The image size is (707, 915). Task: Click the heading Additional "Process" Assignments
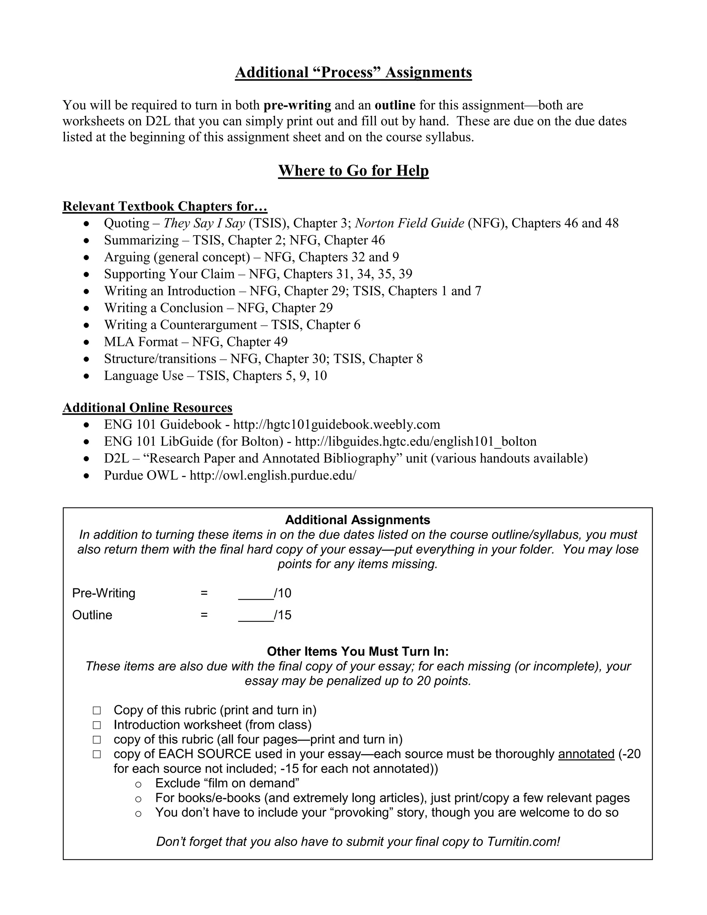click(x=353, y=73)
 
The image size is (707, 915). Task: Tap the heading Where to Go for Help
click(x=353, y=171)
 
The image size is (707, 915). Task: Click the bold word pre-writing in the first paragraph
click(x=297, y=105)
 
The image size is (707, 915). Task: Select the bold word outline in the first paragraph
click(x=395, y=105)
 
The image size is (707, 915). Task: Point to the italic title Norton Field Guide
click(x=409, y=223)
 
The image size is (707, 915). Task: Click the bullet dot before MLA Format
click(x=86, y=342)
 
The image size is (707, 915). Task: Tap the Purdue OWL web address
click(x=273, y=475)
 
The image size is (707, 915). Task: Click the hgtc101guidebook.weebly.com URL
click(x=336, y=425)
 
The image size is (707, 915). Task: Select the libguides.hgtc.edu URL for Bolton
click(x=416, y=442)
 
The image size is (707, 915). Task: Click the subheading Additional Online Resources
click(x=147, y=408)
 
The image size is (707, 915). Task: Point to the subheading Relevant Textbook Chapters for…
click(x=165, y=206)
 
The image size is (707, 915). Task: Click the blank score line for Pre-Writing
click(x=255, y=594)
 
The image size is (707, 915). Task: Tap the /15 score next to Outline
click(x=283, y=615)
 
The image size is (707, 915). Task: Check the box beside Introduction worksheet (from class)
click(x=97, y=725)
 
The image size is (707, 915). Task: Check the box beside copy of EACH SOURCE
click(x=97, y=754)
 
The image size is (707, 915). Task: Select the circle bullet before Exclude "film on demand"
click(x=139, y=784)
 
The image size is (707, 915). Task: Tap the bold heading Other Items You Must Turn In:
click(x=358, y=652)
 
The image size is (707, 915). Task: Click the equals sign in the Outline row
click(x=204, y=615)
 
